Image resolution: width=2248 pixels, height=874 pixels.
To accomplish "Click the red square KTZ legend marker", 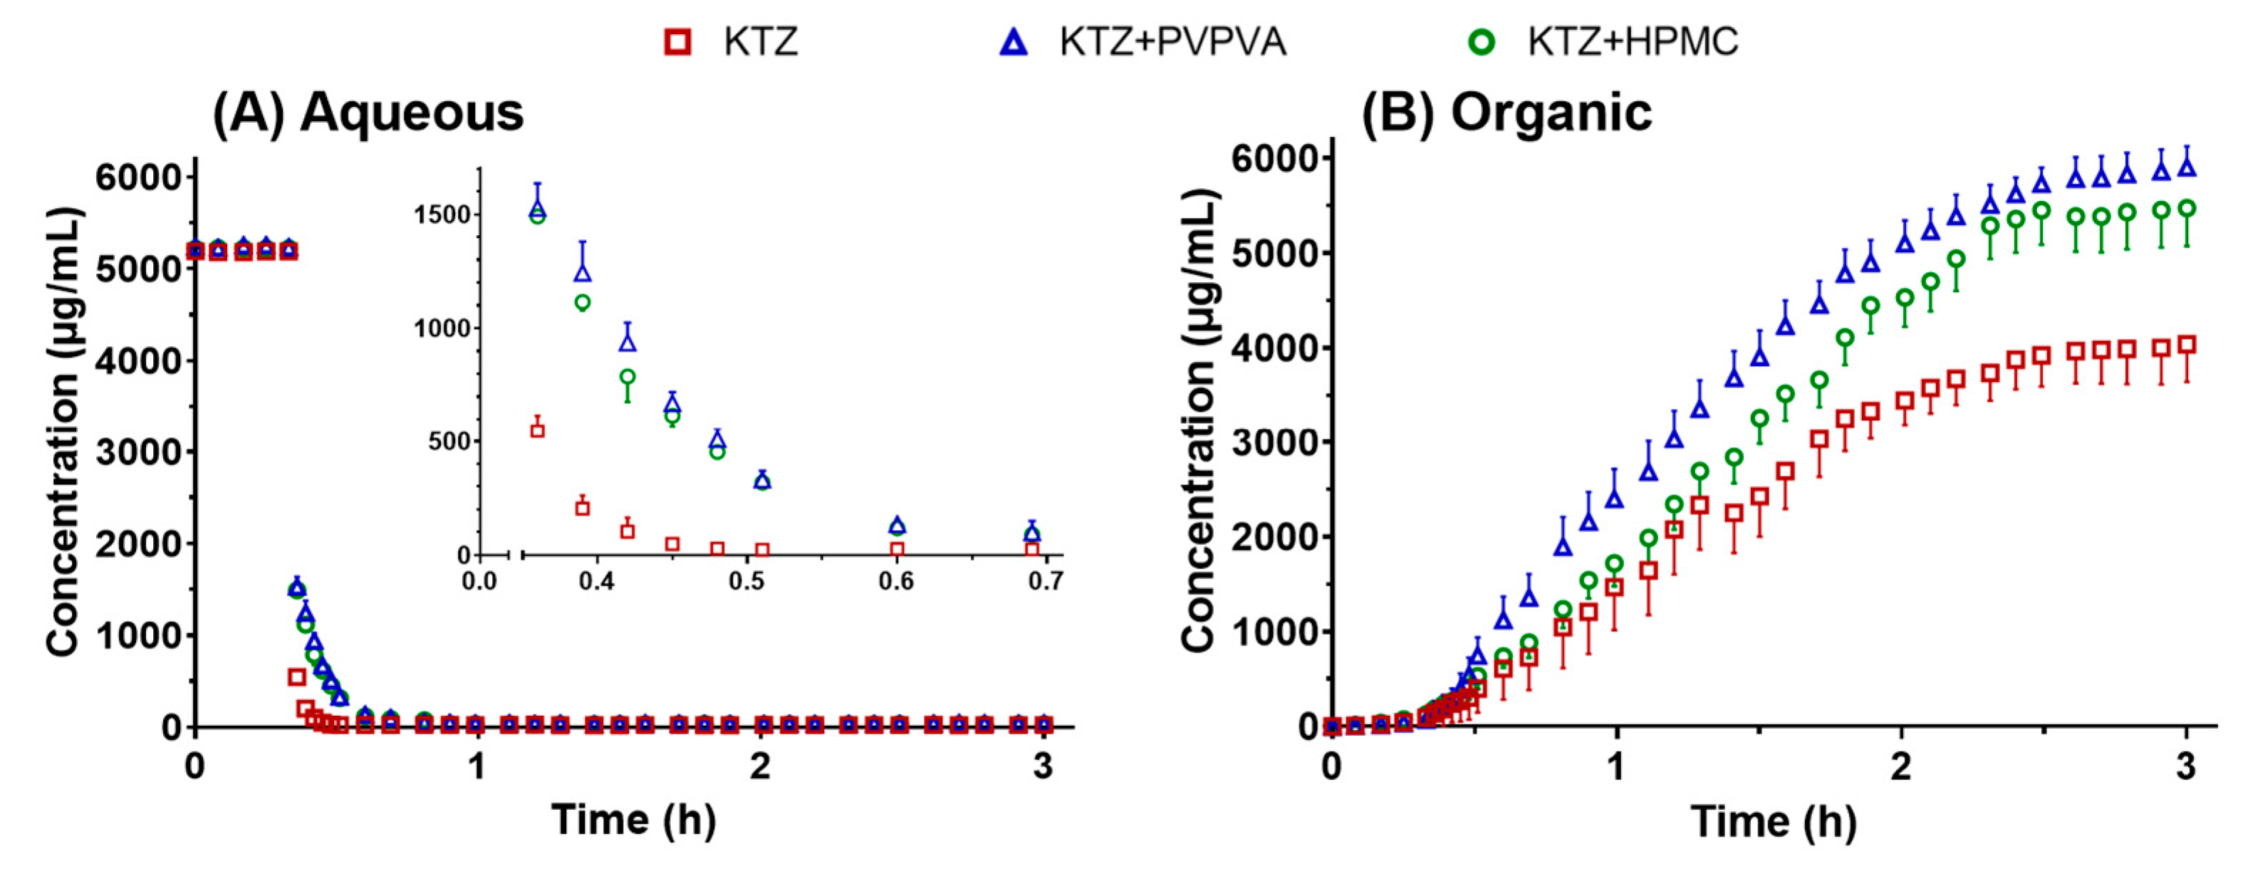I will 678,41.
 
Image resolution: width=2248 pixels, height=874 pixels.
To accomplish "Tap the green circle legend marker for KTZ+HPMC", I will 1482,41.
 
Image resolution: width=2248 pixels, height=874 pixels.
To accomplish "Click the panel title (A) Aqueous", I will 368,113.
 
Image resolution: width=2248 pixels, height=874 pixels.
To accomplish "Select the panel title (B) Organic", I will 1507,113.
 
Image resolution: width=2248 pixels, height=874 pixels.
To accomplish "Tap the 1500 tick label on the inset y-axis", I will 442,214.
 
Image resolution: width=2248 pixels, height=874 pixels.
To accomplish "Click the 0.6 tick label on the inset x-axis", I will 896,582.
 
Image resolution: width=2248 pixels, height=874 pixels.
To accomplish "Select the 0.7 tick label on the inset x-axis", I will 1046,582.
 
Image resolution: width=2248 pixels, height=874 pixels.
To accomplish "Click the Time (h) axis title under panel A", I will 633,820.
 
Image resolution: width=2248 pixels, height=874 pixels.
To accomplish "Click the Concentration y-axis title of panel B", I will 1201,420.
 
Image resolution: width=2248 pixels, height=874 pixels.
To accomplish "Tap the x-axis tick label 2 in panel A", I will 760,766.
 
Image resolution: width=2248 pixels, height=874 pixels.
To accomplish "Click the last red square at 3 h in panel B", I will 2187,345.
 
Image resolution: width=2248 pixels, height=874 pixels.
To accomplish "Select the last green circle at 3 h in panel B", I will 2187,209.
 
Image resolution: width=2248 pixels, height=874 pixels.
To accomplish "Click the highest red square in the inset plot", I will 538,430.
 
